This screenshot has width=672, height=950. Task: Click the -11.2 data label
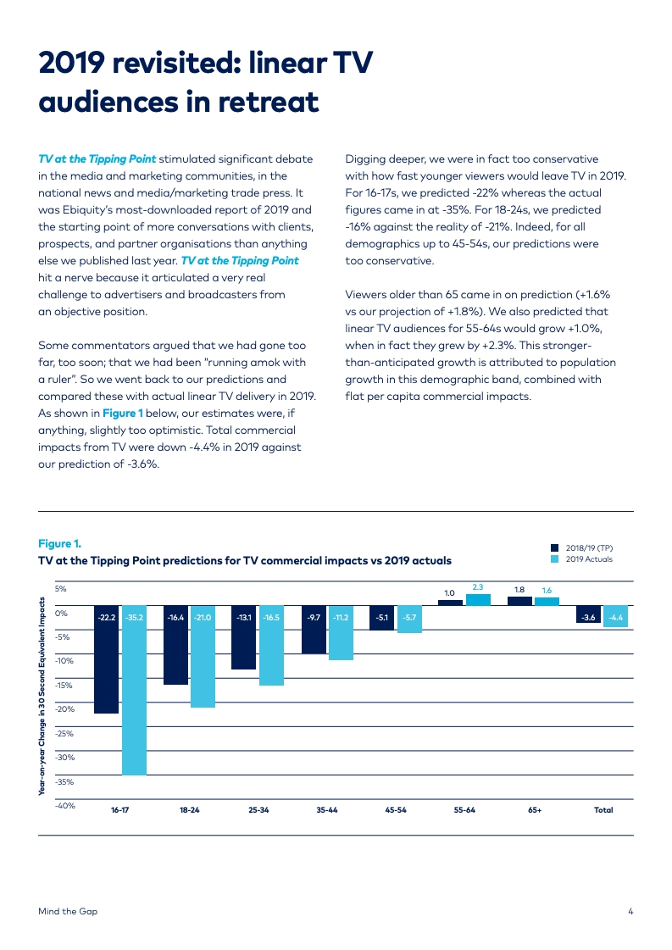click(341, 618)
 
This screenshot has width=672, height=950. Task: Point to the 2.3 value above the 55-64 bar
click(478, 587)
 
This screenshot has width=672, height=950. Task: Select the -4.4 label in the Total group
click(615, 618)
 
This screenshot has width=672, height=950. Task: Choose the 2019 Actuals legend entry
click(588, 559)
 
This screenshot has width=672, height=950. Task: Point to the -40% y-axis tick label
click(66, 806)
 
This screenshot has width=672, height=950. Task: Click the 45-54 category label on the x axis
click(396, 810)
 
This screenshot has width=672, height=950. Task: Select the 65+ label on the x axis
click(535, 810)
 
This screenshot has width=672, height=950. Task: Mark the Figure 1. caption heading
click(59, 543)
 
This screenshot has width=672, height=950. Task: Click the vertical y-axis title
click(42, 695)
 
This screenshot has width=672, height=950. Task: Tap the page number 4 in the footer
click(630, 911)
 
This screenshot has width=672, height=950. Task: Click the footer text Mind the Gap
click(68, 911)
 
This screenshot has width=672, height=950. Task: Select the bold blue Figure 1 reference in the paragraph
click(122, 413)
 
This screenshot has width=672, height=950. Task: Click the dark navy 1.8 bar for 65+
click(519, 601)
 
